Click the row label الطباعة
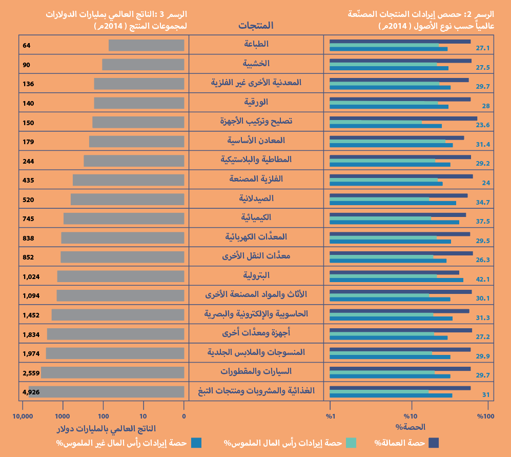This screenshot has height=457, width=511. pyautogui.click(x=256, y=44)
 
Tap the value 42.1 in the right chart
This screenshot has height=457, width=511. pyautogui.click(x=483, y=279)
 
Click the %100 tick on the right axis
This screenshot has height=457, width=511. pyautogui.click(x=486, y=416)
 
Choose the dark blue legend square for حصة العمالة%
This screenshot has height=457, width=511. pyautogui.click(x=434, y=443)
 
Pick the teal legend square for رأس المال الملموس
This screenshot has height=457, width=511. pyautogui.click(x=351, y=443)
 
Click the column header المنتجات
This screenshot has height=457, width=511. pyautogui.click(x=256, y=25)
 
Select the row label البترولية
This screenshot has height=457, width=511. pyautogui.click(x=256, y=275)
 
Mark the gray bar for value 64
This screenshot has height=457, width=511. pyautogui.click(x=146, y=46)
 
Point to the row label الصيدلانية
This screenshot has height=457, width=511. pyautogui.click(x=256, y=198)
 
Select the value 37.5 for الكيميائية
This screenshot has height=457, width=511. pyautogui.click(x=483, y=221)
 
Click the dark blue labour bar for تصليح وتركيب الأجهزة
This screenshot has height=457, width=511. pyautogui.click(x=403, y=118)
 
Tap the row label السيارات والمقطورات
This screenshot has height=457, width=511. pyautogui.click(x=256, y=371)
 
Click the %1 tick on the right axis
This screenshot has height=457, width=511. pyautogui.click(x=331, y=416)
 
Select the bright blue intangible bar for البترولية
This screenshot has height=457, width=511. pyautogui.click(x=396, y=280)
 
